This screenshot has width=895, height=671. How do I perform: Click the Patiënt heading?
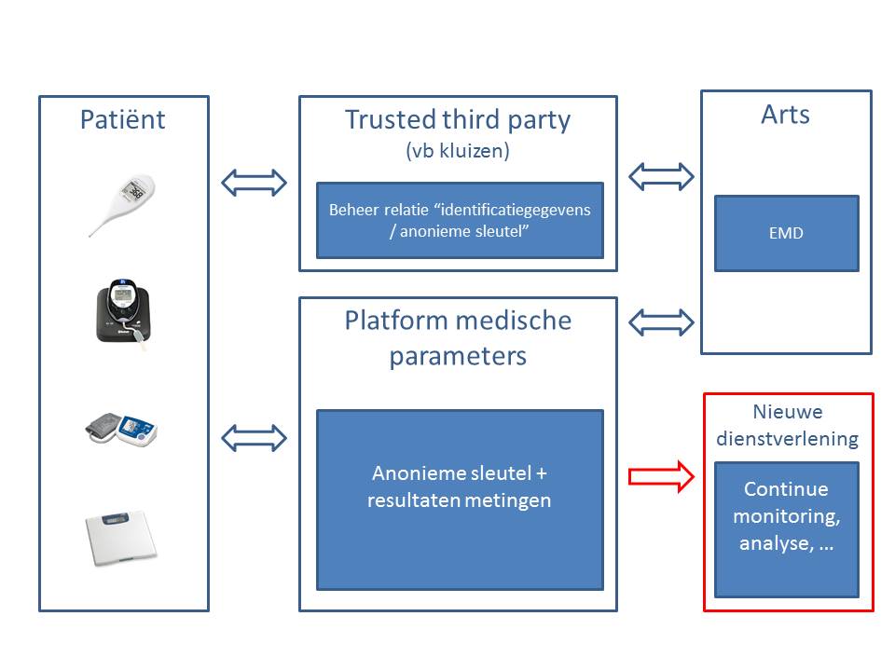123,119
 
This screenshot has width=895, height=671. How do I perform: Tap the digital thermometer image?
123,205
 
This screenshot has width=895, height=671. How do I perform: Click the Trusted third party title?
457,119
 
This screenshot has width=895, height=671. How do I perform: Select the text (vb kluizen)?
457,151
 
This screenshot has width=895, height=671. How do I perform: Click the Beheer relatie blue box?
460,220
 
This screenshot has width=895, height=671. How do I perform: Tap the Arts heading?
786,115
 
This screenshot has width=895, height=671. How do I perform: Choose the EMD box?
786,233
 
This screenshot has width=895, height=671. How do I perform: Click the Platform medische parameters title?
457,337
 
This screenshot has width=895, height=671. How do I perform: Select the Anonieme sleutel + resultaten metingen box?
460,499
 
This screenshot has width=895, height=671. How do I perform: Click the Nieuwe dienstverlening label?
787,425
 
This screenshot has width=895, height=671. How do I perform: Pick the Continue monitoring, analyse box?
786,529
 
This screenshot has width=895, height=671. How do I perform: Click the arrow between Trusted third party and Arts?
662,175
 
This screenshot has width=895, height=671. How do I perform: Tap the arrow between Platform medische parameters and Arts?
662,322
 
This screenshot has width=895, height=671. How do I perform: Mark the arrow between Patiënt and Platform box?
254,437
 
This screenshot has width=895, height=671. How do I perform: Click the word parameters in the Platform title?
457,356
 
